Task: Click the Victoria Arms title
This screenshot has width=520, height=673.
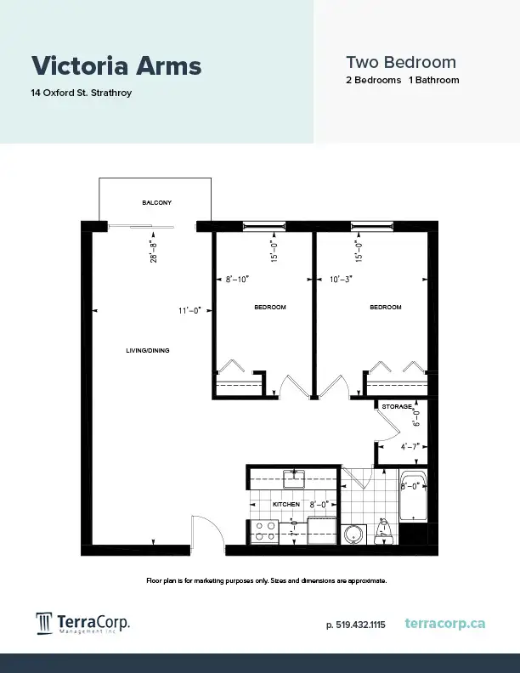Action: point(116,65)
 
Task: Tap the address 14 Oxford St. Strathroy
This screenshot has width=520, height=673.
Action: point(81,93)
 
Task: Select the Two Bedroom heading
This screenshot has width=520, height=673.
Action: point(401,62)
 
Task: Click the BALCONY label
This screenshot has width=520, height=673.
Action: point(156,202)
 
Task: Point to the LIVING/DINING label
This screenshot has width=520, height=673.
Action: point(148,351)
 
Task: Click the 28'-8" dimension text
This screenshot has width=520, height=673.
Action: point(154,252)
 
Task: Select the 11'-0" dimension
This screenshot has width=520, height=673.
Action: point(189,310)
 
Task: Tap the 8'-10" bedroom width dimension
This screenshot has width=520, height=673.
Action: point(237,280)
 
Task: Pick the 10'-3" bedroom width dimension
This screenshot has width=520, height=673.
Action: point(341,280)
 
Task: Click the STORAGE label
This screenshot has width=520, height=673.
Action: point(398,406)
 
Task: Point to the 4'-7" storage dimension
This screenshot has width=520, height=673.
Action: point(410,447)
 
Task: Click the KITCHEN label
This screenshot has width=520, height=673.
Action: point(286,504)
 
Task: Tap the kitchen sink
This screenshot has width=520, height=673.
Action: point(294,479)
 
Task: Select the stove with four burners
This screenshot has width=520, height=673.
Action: point(265,531)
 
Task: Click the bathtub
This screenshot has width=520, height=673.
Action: point(413,495)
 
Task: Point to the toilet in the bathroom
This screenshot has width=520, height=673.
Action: point(382,532)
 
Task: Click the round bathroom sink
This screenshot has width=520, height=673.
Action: point(354,534)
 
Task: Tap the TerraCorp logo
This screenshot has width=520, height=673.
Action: point(82,623)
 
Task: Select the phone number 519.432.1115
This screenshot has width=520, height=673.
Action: point(356,625)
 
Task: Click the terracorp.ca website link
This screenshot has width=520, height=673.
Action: point(445,623)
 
